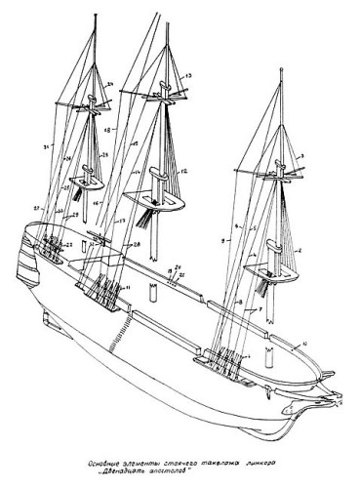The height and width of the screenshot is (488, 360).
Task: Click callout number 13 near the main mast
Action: (189, 74)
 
